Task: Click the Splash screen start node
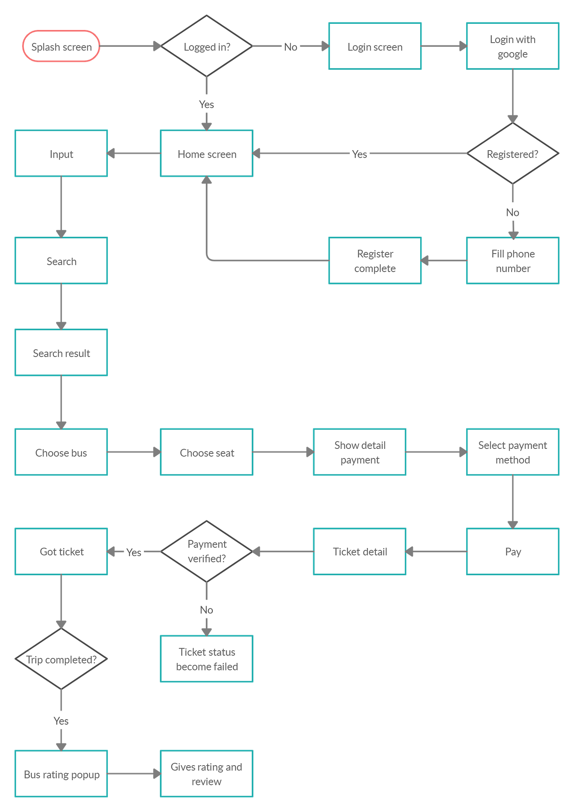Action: [61, 46]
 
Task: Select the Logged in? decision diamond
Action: [207, 46]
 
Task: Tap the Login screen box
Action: [375, 46]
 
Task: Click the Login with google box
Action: [512, 46]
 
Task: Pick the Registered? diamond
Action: [512, 154]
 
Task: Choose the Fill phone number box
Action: [512, 261]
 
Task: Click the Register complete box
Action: [375, 261]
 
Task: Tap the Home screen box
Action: [207, 154]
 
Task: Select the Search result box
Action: [61, 353]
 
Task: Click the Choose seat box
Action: [207, 453]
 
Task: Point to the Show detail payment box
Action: [360, 453]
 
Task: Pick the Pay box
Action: [512, 551]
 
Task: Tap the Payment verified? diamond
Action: [207, 551]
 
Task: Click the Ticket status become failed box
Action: [207, 659]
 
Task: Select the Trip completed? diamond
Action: [61, 659]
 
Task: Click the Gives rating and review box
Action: [207, 774]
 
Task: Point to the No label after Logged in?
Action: [290, 47]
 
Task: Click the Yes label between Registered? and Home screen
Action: [360, 154]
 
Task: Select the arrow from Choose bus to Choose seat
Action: [134, 452]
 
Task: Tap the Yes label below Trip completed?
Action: [61, 721]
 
